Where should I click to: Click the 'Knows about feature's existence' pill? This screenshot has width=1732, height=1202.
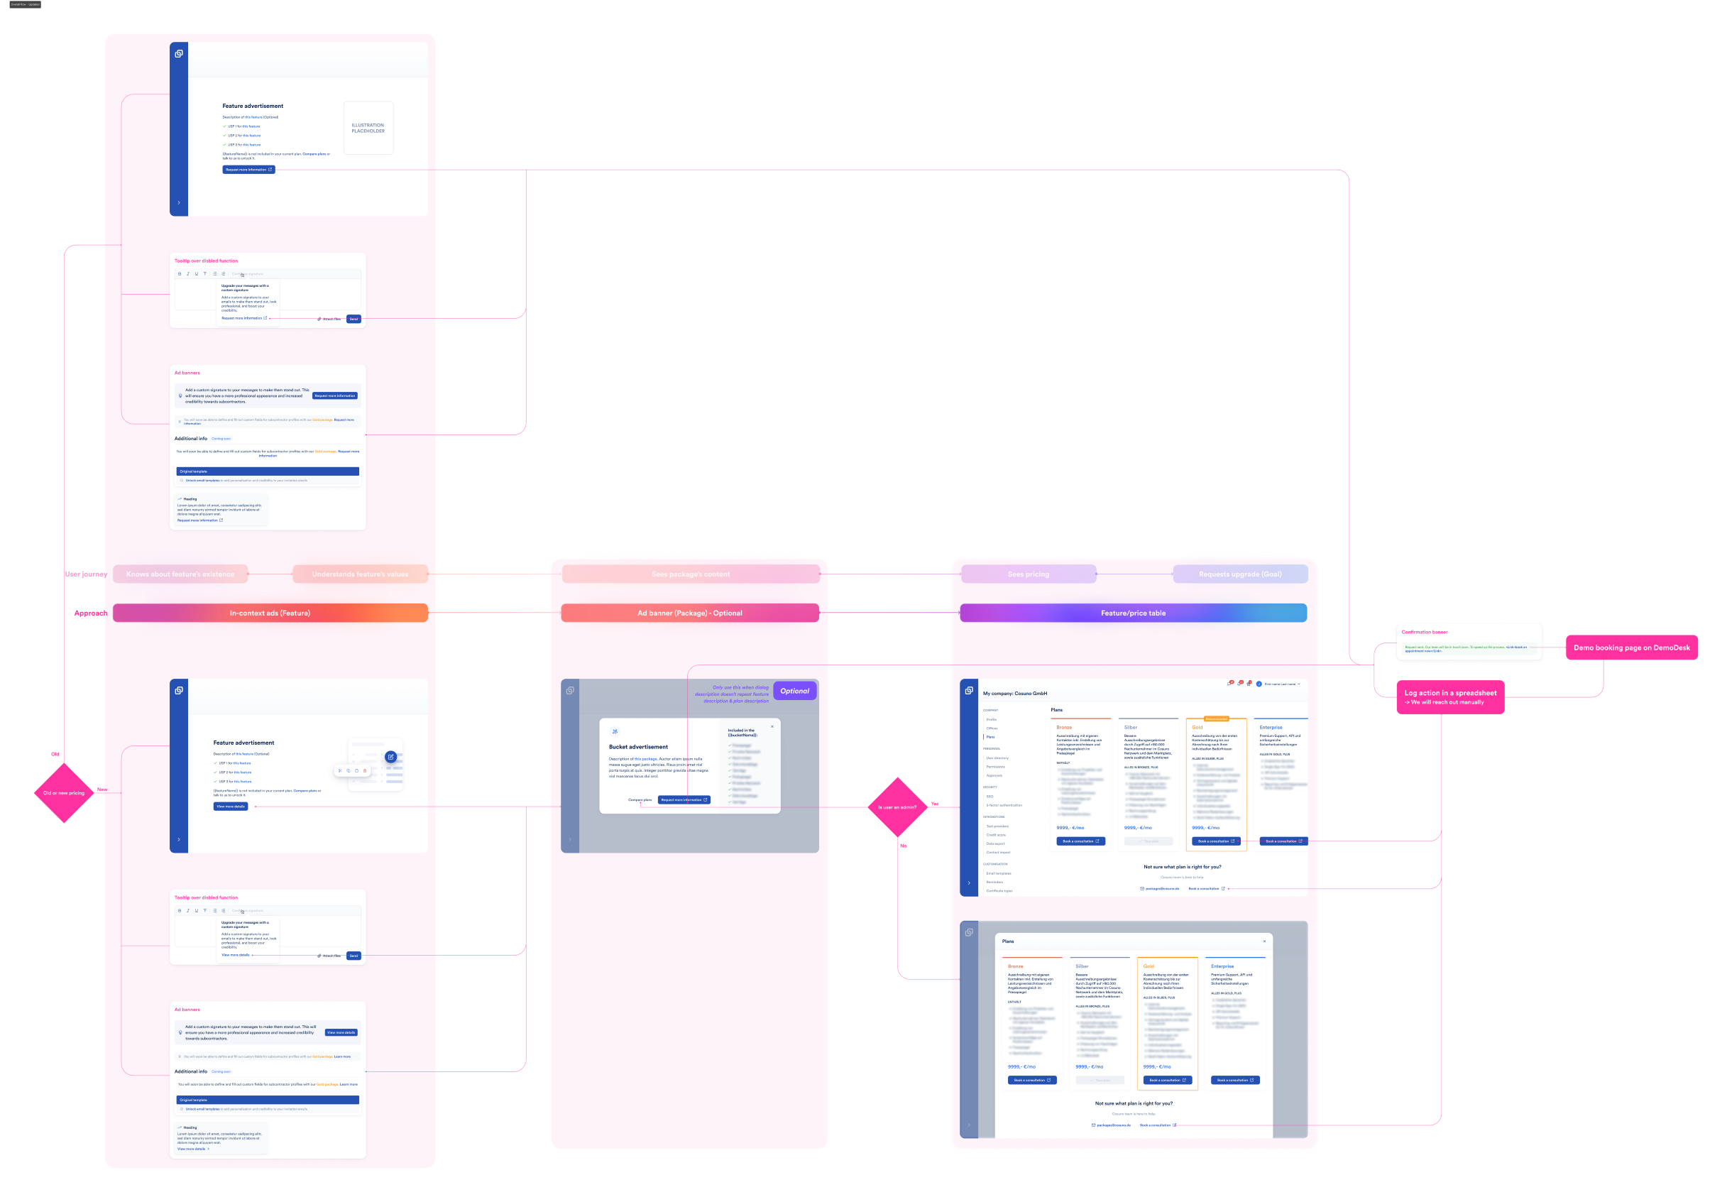pyautogui.click(x=180, y=574)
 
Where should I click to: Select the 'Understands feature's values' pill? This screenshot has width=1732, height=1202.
pyautogui.click(x=360, y=574)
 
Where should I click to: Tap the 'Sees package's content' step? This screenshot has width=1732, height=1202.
pyautogui.click(x=691, y=574)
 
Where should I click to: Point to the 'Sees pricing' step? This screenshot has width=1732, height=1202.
pyautogui.click(x=1028, y=574)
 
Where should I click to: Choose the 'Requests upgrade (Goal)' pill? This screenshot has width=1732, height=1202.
pyautogui.click(x=1239, y=574)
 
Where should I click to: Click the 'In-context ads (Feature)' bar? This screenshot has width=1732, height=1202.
pyautogui.click(x=270, y=613)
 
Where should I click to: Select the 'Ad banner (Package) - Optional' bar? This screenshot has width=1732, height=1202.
pyautogui.click(x=690, y=613)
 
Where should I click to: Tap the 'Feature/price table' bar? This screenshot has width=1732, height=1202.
pyautogui.click(x=1133, y=613)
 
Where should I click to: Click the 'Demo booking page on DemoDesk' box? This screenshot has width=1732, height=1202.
pyautogui.click(x=1631, y=648)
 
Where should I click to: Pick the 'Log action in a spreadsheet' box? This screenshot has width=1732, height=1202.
pyautogui.click(x=1449, y=696)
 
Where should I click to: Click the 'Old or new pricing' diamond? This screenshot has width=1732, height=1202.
pyautogui.click(x=64, y=793)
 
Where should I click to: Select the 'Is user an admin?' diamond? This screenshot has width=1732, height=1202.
pyautogui.click(x=898, y=807)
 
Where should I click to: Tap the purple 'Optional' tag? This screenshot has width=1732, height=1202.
pyautogui.click(x=794, y=691)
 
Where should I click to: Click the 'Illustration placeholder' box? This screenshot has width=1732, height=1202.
pyautogui.click(x=368, y=128)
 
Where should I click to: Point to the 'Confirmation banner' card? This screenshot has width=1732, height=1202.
pyautogui.click(x=1469, y=643)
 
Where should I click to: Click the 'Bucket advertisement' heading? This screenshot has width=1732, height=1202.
pyautogui.click(x=638, y=747)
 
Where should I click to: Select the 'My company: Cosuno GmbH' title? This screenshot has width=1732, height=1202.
pyautogui.click(x=1014, y=694)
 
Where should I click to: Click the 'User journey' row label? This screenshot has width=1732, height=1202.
pyautogui.click(x=85, y=574)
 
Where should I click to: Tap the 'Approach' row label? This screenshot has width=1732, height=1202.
pyautogui.click(x=89, y=613)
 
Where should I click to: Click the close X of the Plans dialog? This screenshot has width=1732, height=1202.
pyautogui.click(x=1264, y=941)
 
